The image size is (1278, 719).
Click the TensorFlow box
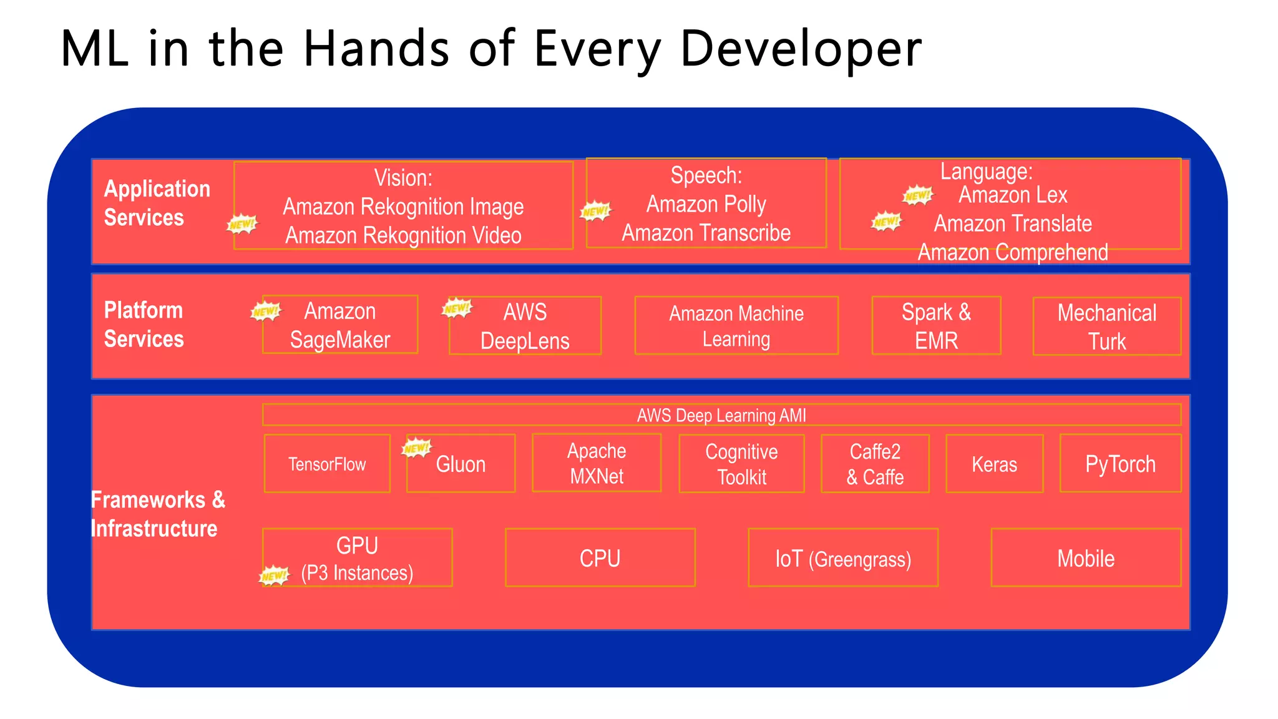[327, 464]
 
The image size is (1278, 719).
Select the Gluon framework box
[461, 464]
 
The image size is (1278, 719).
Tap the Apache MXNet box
[597, 463]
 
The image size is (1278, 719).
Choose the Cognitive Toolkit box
[741, 464]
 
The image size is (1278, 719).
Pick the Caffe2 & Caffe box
[875, 464]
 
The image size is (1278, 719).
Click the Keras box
[994, 464]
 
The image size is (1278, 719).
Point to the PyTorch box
[1120, 464]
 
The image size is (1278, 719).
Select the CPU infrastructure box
[600, 557]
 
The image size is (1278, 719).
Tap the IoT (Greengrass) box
[842, 557]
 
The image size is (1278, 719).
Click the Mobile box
[1086, 557]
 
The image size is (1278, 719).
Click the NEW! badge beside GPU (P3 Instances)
[275, 575]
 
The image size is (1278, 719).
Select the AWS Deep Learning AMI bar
[721, 415]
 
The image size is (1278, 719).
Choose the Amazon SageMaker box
[340, 325]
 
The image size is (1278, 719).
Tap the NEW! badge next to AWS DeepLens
[457, 308]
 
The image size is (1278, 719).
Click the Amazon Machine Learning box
[736, 326]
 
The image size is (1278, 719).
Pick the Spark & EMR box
[936, 326]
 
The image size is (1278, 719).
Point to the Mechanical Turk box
[1106, 326]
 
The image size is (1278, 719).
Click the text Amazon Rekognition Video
[403, 235]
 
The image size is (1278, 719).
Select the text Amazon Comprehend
[1012, 252]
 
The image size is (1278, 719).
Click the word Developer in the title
[801, 49]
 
